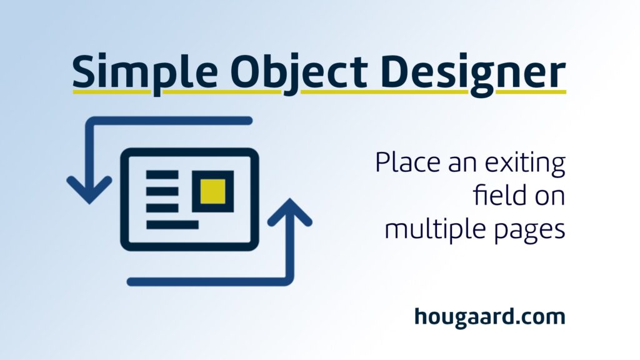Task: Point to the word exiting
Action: click(x=525, y=162)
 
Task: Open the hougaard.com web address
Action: click(x=490, y=317)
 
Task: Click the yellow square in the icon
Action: click(x=212, y=191)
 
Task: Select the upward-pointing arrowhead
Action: click(x=290, y=212)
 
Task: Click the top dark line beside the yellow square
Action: click(x=162, y=175)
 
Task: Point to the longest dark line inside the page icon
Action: click(x=172, y=224)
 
